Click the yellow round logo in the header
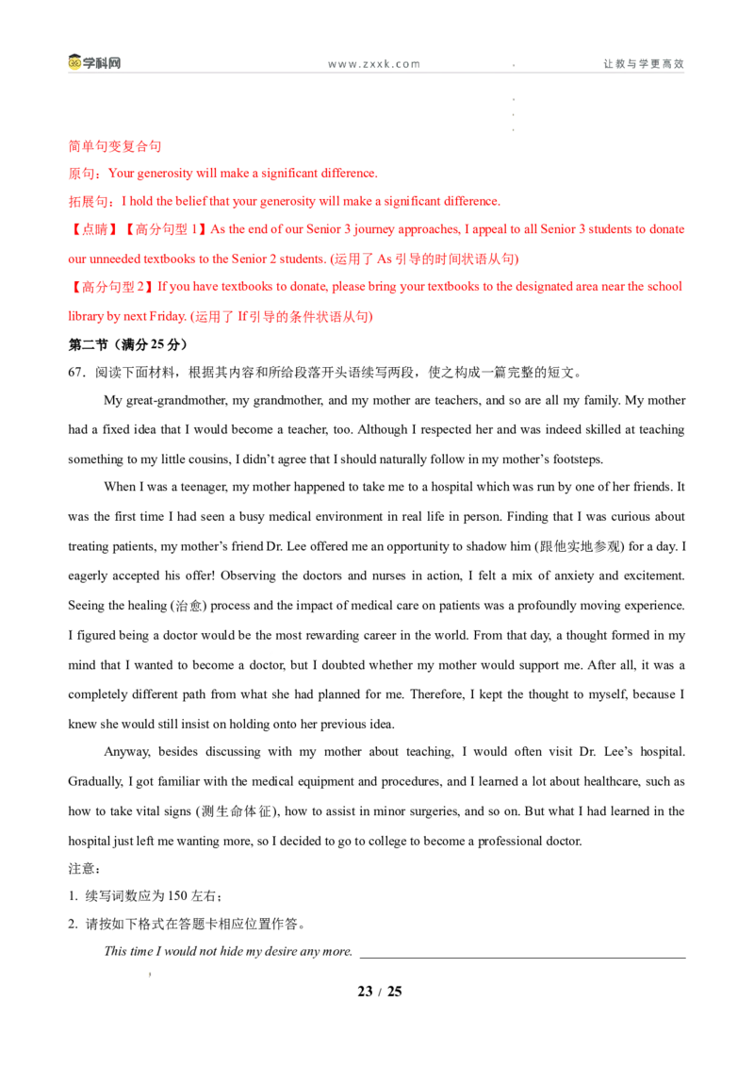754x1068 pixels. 75,64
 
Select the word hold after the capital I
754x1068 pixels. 138,202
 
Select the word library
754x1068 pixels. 85,317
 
